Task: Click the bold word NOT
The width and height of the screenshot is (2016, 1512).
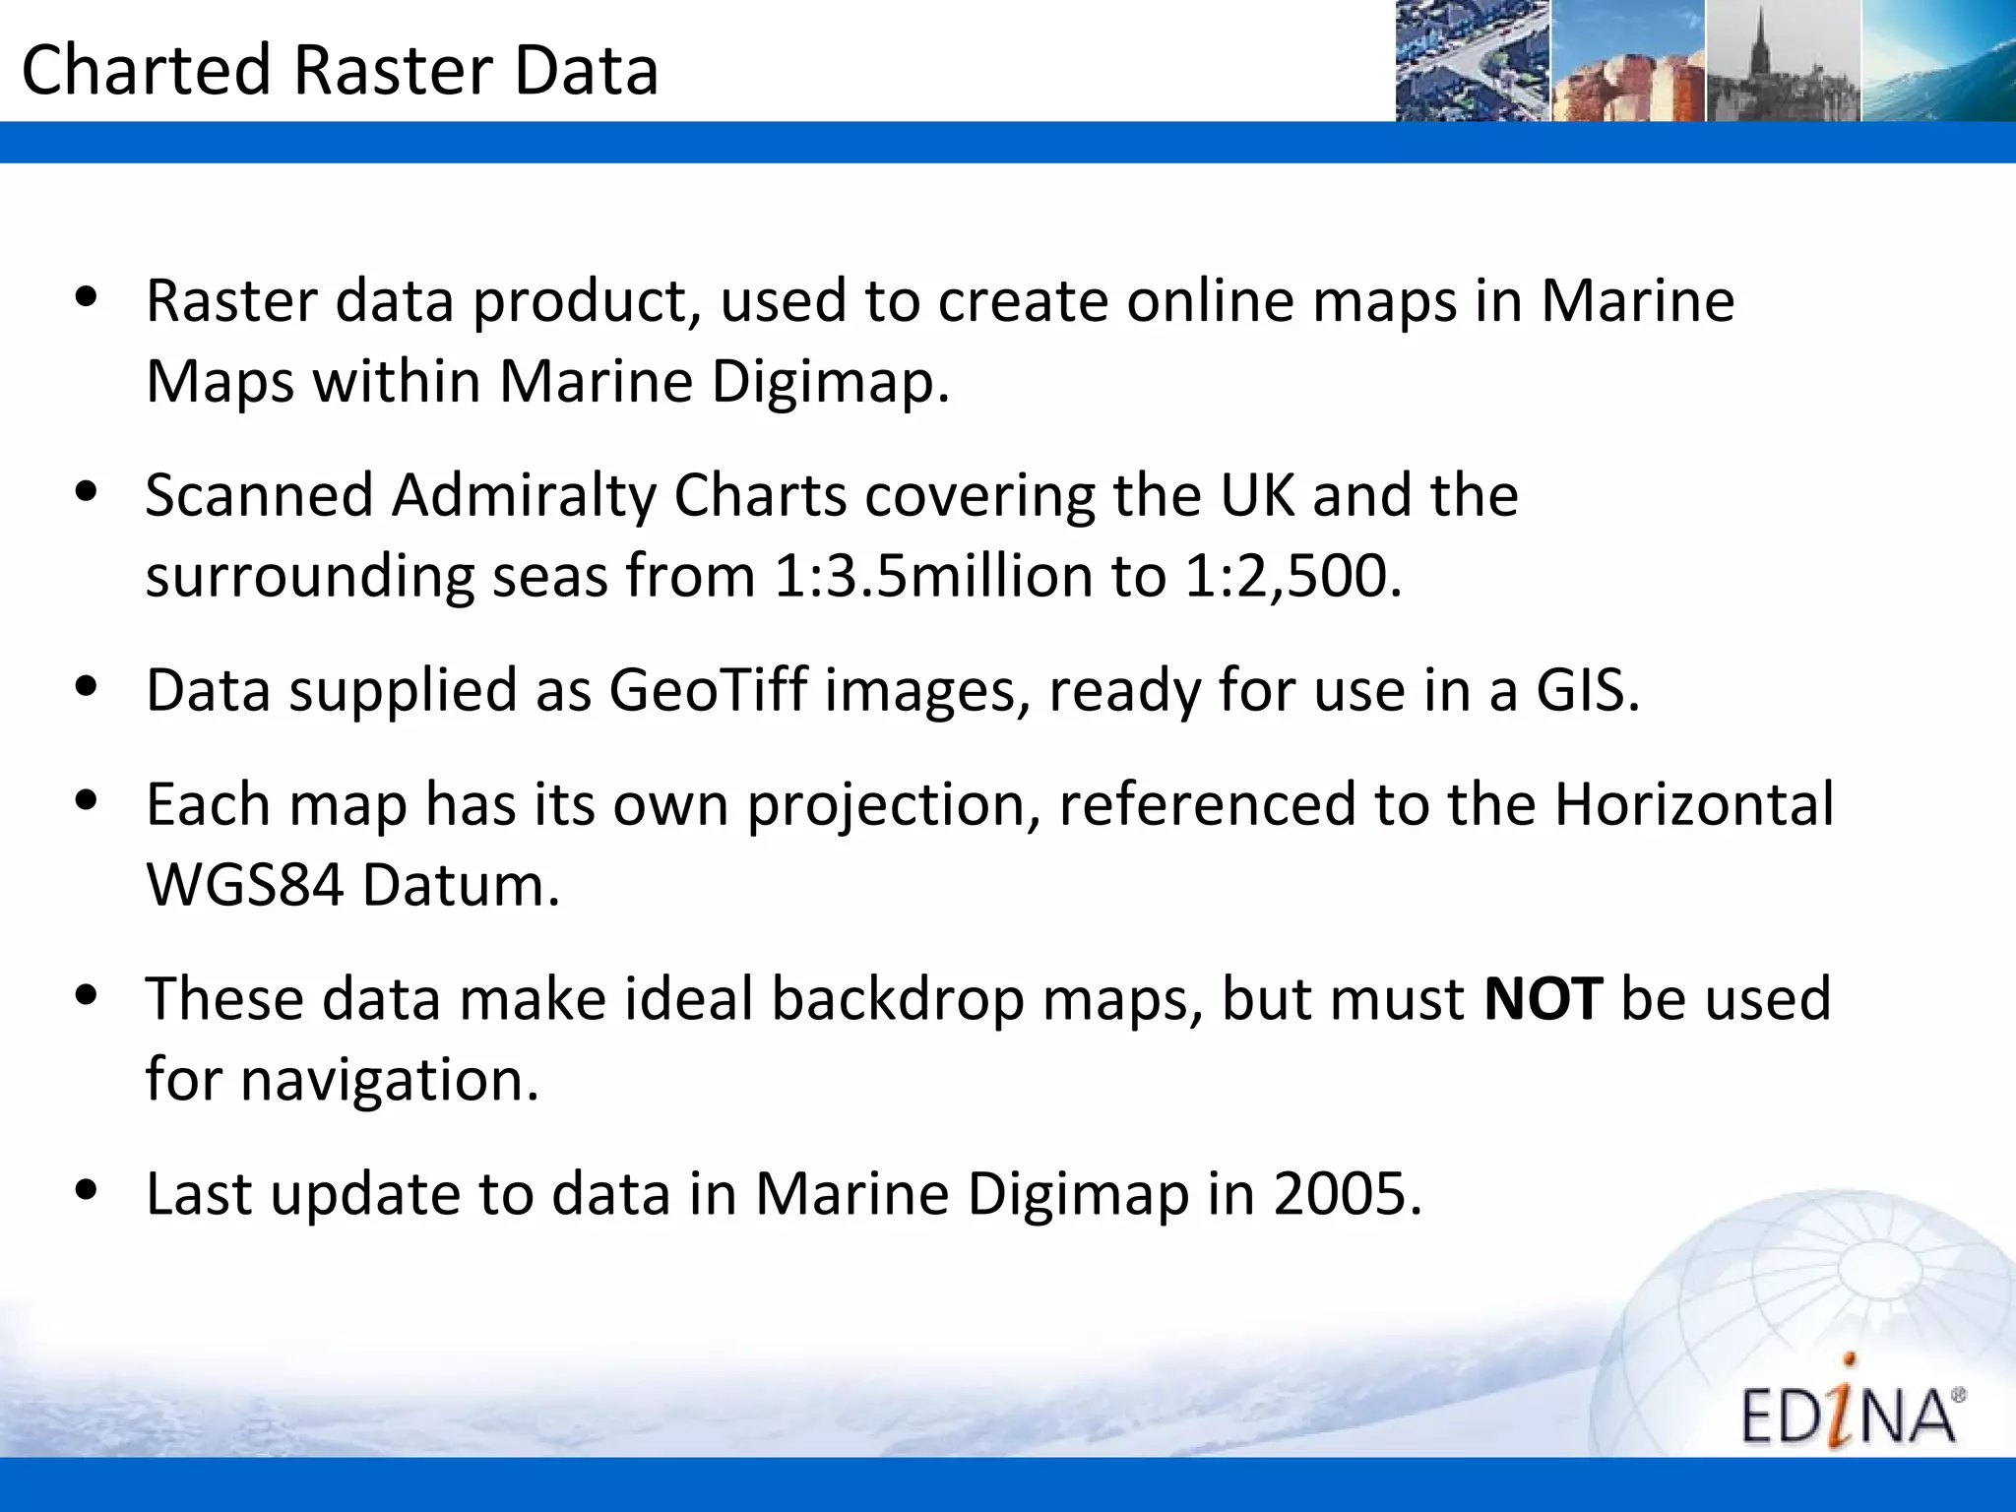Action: pyautogui.click(x=1543, y=998)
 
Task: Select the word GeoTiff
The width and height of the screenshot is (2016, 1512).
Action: pyautogui.click(x=708, y=690)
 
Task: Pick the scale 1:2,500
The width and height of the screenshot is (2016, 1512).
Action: pyautogui.click(x=1292, y=576)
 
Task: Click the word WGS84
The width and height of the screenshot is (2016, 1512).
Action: pyautogui.click(x=245, y=885)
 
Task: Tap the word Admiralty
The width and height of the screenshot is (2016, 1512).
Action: pyautogui.click(x=523, y=495)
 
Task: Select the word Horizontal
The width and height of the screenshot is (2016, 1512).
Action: pyautogui.click(x=1693, y=804)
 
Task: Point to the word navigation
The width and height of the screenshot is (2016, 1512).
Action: pyautogui.click(x=390, y=1080)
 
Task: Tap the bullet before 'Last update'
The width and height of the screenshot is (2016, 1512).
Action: pyautogui.click(x=87, y=1190)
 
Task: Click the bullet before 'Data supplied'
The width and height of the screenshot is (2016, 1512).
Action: pyautogui.click(x=87, y=686)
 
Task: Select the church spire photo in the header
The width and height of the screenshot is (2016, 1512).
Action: pyautogui.click(x=1783, y=61)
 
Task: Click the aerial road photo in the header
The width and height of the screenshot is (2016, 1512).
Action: pyautogui.click(x=1473, y=61)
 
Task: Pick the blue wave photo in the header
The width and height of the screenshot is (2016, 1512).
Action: pyautogui.click(x=1937, y=61)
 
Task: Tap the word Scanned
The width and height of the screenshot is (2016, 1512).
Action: pyautogui.click(x=259, y=495)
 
